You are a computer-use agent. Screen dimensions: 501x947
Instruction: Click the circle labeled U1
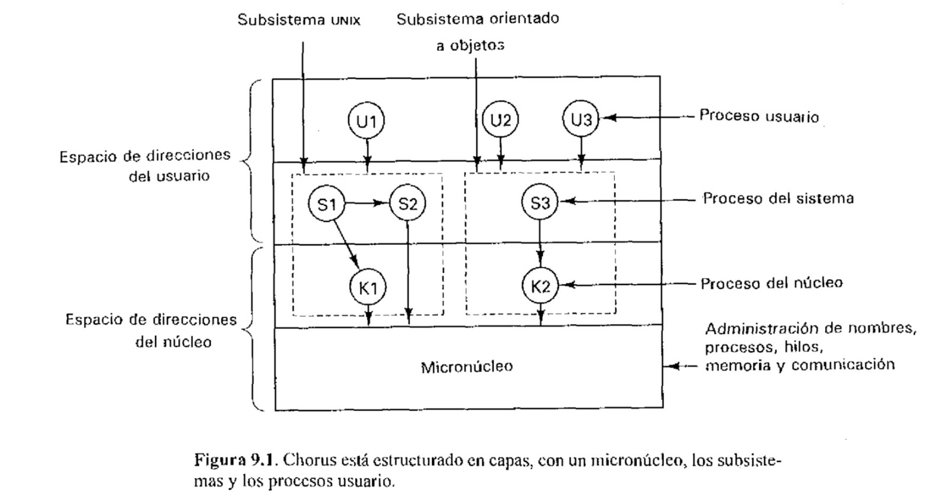(x=366, y=121)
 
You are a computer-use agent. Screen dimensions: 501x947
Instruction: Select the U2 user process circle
(x=501, y=121)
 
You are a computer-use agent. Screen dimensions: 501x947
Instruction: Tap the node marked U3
(x=581, y=120)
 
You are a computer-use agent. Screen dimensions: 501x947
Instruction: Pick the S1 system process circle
(x=326, y=204)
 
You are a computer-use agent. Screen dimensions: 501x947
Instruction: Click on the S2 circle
(x=407, y=204)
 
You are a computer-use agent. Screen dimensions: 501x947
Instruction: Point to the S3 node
(x=540, y=203)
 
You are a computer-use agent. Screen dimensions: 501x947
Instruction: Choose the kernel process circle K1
(x=368, y=288)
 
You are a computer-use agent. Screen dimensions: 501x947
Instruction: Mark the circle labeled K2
(x=540, y=287)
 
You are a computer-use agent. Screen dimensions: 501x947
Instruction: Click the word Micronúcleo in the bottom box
(x=466, y=367)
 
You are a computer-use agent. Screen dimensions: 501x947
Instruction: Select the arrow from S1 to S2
(x=366, y=204)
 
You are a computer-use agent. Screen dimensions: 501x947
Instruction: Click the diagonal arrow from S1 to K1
(x=346, y=244)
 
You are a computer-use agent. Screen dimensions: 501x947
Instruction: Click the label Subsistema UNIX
(x=299, y=20)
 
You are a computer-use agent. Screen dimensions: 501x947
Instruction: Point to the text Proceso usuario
(x=759, y=116)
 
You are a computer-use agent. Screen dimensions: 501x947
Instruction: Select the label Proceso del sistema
(x=778, y=199)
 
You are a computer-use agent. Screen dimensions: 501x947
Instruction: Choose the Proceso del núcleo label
(x=771, y=283)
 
